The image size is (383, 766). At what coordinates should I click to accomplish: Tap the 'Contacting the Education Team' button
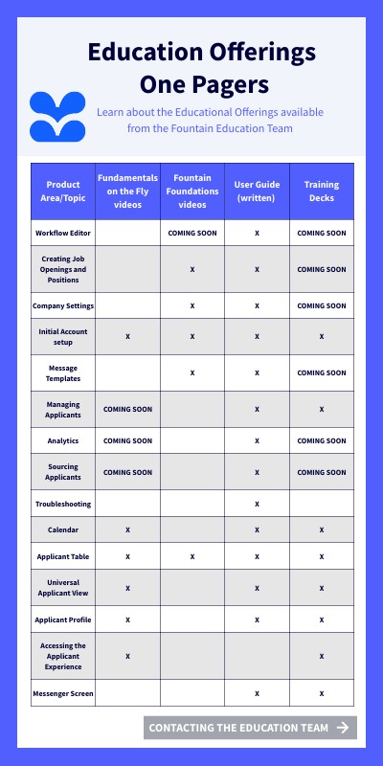click(250, 728)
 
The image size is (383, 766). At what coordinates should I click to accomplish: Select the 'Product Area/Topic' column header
click(63, 191)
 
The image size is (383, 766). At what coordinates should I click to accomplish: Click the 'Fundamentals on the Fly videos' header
click(127, 191)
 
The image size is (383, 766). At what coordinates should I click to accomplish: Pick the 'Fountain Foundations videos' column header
click(192, 191)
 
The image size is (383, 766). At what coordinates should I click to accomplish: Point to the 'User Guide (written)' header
click(257, 191)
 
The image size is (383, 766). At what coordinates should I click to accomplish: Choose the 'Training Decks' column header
click(322, 191)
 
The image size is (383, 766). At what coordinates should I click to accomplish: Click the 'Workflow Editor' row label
click(63, 233)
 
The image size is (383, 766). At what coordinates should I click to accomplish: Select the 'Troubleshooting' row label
click(63, 504)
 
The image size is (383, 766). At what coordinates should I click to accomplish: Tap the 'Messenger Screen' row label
click(63, 693)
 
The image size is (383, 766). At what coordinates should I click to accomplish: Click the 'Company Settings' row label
click(63, 305)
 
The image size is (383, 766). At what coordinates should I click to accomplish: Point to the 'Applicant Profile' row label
click(63, 620)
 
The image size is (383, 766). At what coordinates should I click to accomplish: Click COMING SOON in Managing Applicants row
click(127, 409)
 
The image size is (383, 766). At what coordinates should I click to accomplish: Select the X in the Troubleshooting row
click(257, 504)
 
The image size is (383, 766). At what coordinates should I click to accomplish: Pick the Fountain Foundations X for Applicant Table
click(192, 556)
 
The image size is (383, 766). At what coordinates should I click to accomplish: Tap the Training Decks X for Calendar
click(322, 529)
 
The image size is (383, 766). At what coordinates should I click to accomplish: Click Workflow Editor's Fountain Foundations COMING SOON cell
click(192, 233)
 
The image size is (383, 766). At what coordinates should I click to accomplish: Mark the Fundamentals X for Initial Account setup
click(127, 337)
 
